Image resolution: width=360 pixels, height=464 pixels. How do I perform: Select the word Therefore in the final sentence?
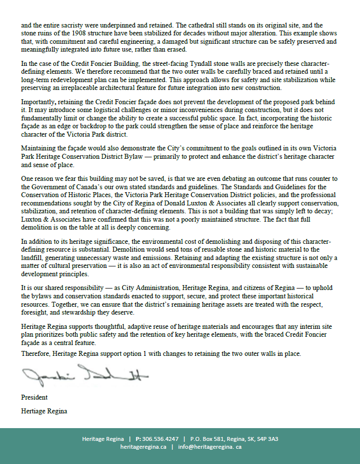(36, 353)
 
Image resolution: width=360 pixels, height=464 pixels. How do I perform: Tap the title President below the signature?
(34, 397)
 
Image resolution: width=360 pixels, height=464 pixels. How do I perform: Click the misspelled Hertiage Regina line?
(44, 411)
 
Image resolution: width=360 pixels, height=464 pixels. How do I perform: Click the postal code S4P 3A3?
(267, 439)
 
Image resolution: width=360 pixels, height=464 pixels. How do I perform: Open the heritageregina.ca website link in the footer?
(143, 447)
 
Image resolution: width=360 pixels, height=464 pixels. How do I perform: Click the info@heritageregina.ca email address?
(210, 447)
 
